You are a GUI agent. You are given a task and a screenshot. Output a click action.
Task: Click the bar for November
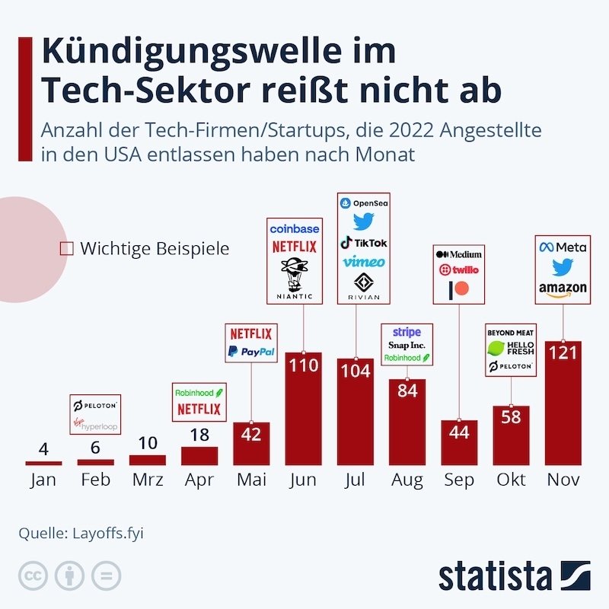point(563,403)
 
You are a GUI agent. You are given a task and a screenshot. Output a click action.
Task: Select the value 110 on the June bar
point(303,367)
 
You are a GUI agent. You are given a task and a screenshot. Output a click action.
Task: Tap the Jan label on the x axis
point(43,480)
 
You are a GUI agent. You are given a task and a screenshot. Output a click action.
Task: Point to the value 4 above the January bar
point(43,448)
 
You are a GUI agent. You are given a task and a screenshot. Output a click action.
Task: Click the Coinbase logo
point(294,228)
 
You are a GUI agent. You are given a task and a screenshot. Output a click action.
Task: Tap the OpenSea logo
point(362,203)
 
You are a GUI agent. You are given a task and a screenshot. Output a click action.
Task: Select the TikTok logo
point(363,242)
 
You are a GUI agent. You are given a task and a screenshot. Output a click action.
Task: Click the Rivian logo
point(363,285)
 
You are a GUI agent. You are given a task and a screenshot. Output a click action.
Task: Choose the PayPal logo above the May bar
point(250,352)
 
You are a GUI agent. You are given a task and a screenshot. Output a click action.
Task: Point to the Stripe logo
point(407,332)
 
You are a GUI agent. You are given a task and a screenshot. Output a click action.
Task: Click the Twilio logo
point(458,270)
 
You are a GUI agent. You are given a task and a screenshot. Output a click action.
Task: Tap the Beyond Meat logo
point(511,333)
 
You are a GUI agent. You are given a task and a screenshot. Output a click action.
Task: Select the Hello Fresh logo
point(511,349)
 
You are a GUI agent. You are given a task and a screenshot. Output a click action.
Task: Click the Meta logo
point(563,247)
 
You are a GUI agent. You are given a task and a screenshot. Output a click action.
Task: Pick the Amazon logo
point(563,289)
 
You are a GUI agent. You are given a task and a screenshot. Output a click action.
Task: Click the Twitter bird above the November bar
point(563,267)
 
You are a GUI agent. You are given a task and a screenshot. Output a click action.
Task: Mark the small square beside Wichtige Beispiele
point(66,248)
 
